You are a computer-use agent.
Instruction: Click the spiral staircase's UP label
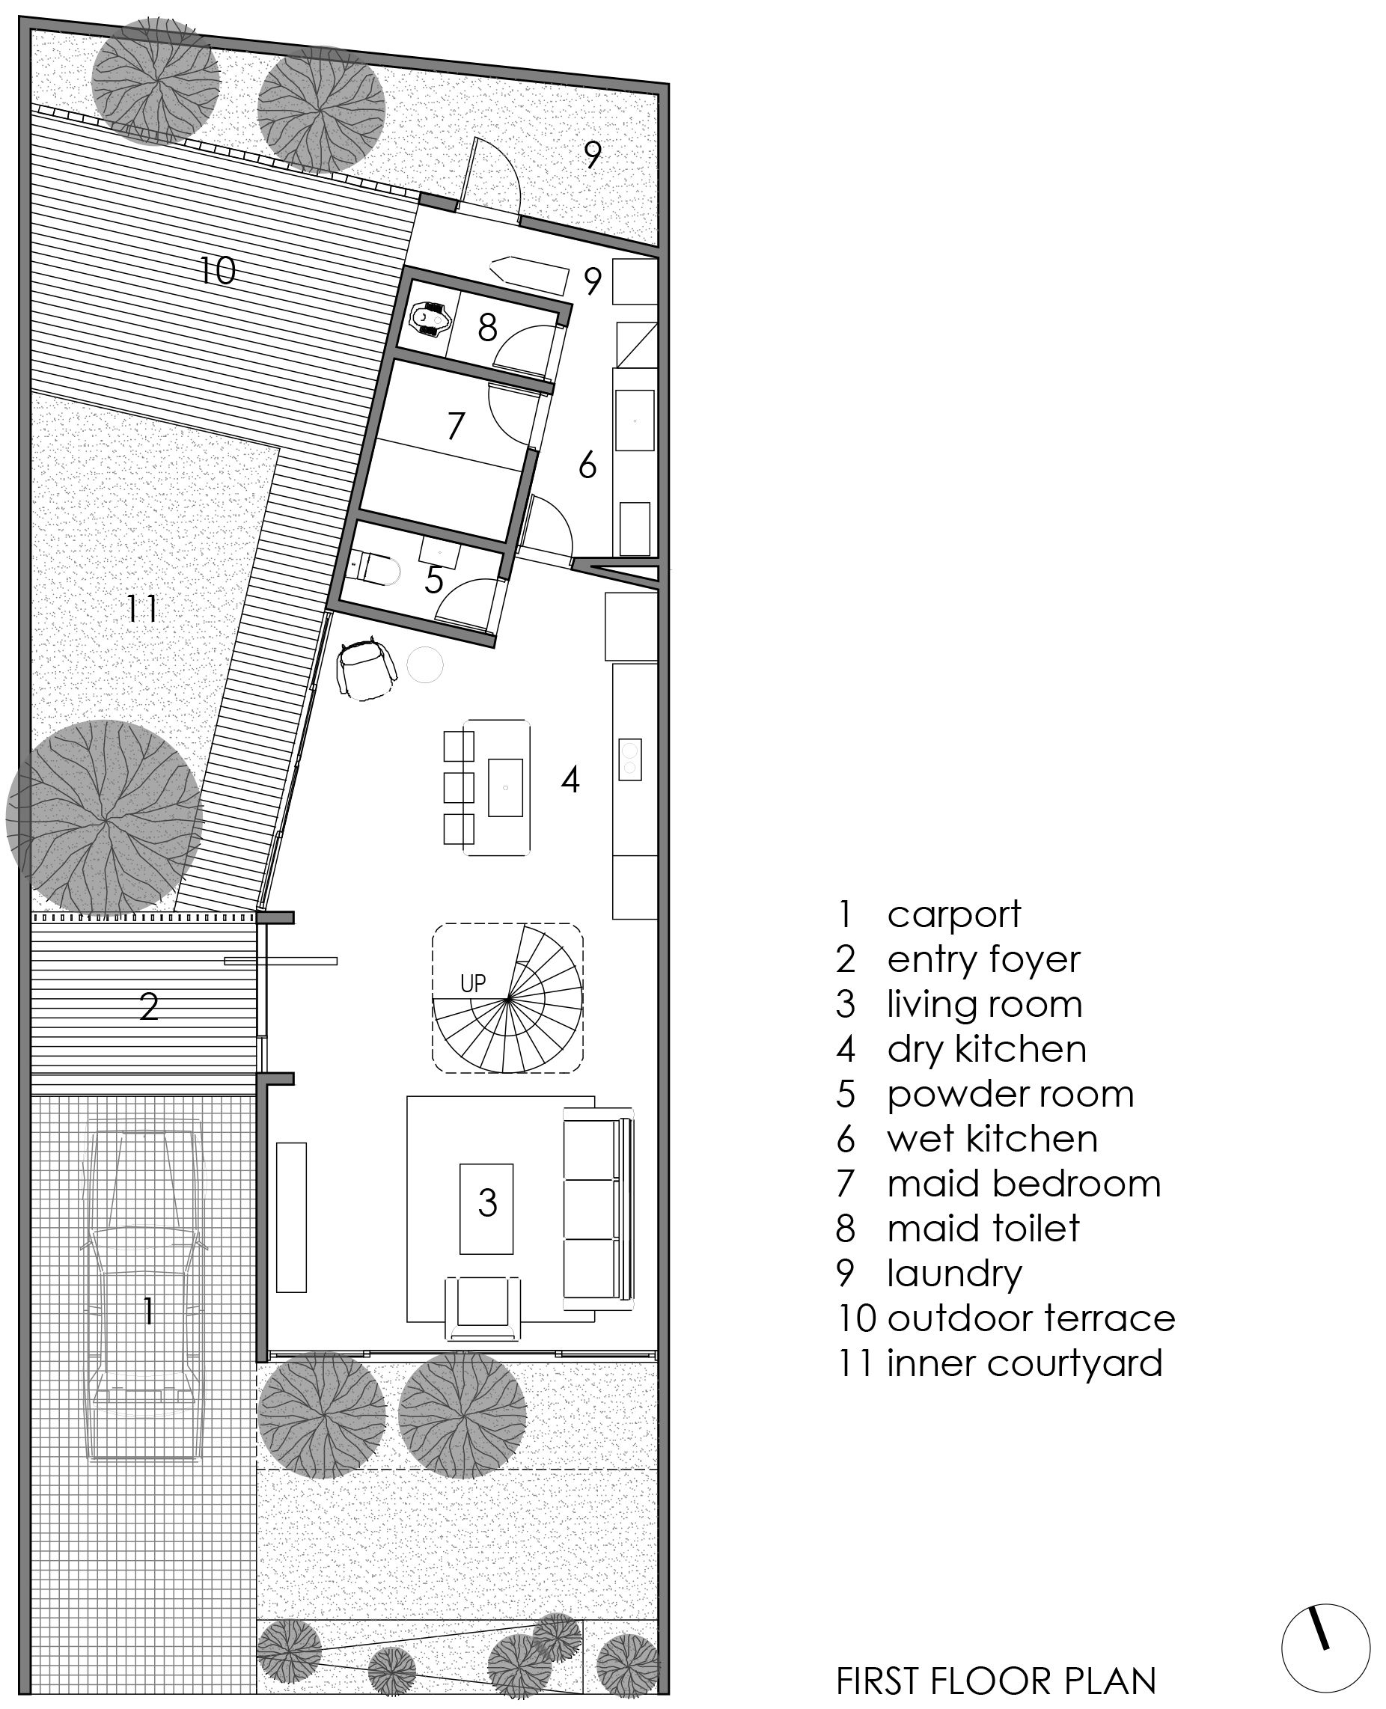coord(473,982)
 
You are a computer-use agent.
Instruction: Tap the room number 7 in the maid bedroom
coord(455,426)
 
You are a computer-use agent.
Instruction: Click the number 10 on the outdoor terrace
coord(217,271)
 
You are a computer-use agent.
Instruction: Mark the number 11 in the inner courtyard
coord(143,609)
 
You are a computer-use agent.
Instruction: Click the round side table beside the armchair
coord(425,664)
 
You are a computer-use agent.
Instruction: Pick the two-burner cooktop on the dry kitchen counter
coord(630,759)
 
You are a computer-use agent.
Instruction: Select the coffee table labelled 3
coord(486,1208)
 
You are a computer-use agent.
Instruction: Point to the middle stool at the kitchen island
coord(459,787)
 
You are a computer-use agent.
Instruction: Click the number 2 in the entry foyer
coord(149,1007)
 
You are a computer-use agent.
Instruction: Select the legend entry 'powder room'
coord(985,1094)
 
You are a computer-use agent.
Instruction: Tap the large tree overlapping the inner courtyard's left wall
coord(104,816)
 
